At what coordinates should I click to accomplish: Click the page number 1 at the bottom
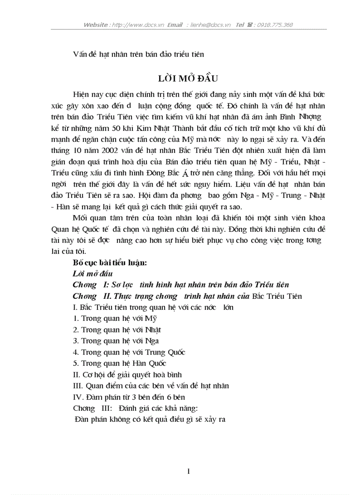tap(188, 472)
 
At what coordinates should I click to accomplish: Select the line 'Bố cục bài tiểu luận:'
tap(109, 262)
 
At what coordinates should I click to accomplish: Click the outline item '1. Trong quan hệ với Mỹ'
tap(115, 318)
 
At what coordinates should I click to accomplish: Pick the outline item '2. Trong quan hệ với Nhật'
tap(117, 330)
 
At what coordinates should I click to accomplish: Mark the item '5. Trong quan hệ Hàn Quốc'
tap(120, 364)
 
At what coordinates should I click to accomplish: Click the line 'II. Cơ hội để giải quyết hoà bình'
tap(127, 375)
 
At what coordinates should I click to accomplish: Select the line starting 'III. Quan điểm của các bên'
tap(151, 386)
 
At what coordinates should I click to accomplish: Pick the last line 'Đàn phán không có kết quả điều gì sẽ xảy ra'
tap(150, 420)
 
